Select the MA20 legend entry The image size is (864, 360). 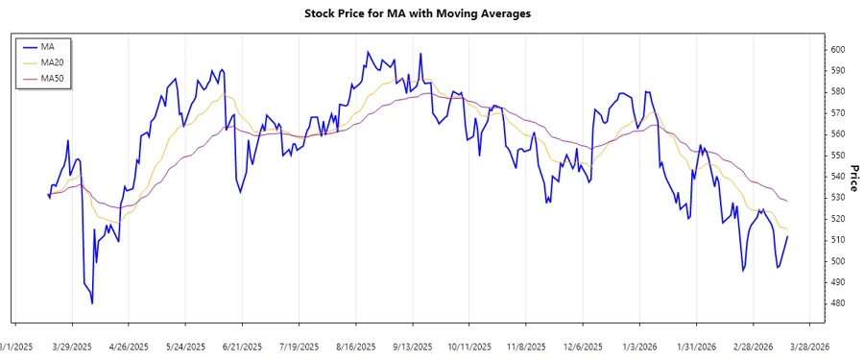[x=52, y=62]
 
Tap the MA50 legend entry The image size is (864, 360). [x=52, y=79]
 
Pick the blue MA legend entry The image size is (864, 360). [x=47, y=46]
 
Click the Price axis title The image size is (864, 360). [x=852, y=179]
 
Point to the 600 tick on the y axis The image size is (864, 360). [x=837, y=50]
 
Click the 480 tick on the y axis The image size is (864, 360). [x=837, y=303]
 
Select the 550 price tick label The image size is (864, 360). [x=837, y=156]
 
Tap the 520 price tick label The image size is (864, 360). [x=837, y=219]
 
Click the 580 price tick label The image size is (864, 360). [x=837, y=92]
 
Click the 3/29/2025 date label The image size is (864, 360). [x=72, y=347]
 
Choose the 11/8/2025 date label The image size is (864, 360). [x=526, y=347]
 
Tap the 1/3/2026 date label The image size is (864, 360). [x=639, y=347]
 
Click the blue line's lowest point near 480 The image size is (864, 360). [x=92, y=303]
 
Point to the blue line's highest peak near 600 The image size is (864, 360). [x=368, y=52]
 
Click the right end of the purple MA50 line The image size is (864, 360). [x=787, y=201]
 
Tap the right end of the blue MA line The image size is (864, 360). [x=787, y=236]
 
